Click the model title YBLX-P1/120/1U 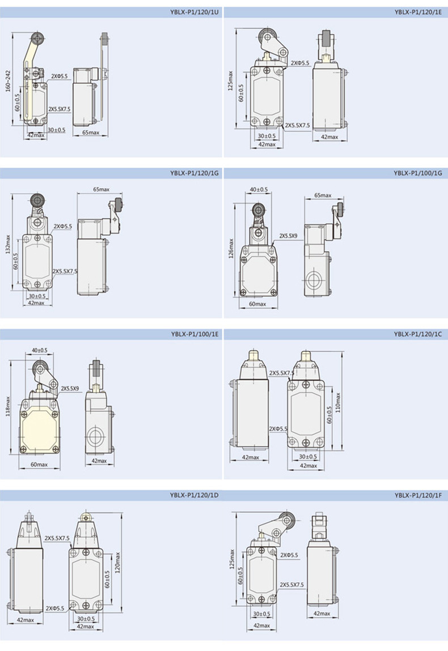pos(194,12)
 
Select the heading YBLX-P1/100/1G pos(418,173)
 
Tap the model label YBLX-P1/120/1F pos(418,495)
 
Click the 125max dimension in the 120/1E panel pos(231,81)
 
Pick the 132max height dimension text pos(8,245)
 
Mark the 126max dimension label pos(231,248)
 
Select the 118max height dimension pos(8,406)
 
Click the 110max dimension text pos(338,402)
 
